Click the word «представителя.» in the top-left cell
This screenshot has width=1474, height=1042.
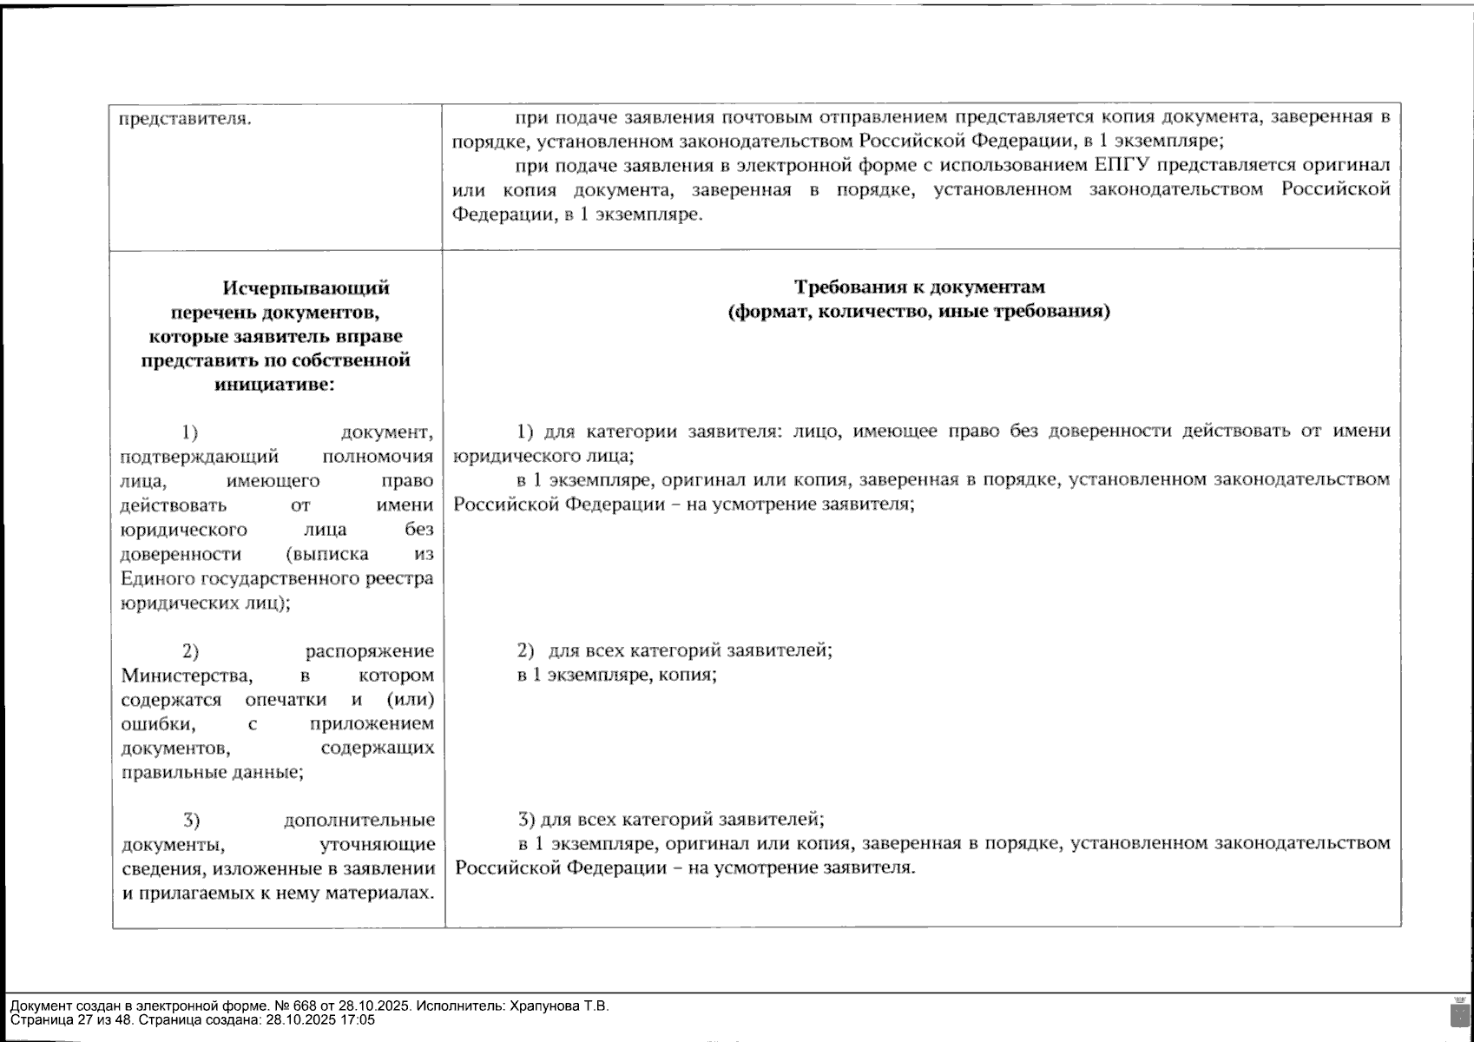pos(184,118)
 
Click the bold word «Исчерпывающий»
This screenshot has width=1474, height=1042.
pos(306,287)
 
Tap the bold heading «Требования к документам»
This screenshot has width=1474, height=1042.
pos(919,287)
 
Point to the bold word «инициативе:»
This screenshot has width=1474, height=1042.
pos(274,385)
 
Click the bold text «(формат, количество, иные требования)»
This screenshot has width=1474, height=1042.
pos(918,311)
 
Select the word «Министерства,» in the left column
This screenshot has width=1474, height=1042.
pos(187,675)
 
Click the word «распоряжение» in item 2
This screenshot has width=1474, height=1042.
pos(370,651)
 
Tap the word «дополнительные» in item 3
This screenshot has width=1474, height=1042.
pos(359,820)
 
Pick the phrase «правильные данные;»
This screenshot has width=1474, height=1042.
pos(212,772)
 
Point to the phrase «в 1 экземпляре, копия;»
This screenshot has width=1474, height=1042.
pos(616,675)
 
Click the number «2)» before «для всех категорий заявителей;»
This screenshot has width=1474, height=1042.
pos(525,650)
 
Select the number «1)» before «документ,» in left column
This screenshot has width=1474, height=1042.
pos(190,432)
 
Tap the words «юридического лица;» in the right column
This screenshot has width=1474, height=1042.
pos(543,455)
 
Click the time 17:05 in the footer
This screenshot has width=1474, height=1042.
pos(359,1020)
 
